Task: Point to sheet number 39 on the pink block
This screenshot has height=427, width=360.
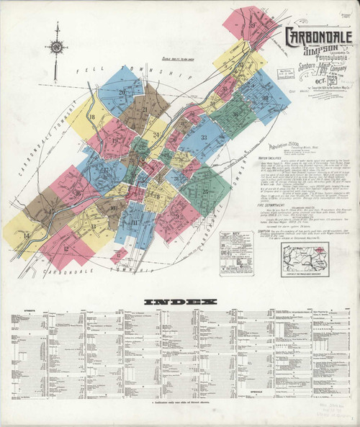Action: [x=252, y=25]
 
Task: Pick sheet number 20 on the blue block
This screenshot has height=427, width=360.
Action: [x=122, y=91]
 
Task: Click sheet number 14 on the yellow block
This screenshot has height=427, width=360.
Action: [x=26, y=235]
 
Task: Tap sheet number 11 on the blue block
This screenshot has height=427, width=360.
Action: [x=134, y=223]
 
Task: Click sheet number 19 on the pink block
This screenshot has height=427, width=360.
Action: [x=114, y=140]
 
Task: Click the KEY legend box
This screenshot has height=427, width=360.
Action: [x=237, y=244]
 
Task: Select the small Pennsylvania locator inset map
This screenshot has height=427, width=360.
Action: [x=305, y=256]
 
